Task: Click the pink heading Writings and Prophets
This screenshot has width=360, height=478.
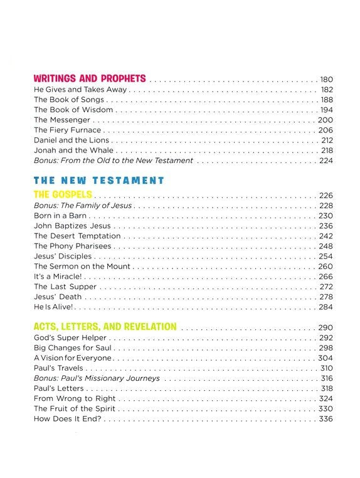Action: tap(90, 79)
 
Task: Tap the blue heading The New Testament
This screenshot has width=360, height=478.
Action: tap(98, 181)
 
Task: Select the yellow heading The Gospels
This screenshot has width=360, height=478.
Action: tap(63, 194)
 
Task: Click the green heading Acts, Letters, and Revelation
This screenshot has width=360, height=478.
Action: tap(105, 327)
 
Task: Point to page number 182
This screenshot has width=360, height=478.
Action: tap(326, 90)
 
